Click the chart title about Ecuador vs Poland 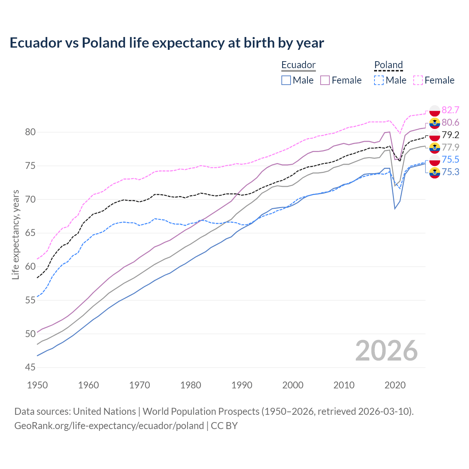pos(167,43)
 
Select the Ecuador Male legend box pos(286,80)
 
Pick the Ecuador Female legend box pos(325,80)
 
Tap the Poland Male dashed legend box pos(379,80)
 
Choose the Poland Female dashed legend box pos(418,80)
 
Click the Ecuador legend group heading pos(298,65)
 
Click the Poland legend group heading pos(388,65)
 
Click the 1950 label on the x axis pos(37,385)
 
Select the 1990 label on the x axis pos(242,385)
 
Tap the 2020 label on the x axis pos(395,385)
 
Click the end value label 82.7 pos(450,110)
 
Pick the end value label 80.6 pos(450,122)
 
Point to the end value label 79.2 pos(450,135)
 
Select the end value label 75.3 pos(450,172)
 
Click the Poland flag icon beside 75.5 pos(435,160)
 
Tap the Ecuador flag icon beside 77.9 pos(435,147)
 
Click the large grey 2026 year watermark pos(387,351)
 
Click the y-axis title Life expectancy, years pos(16,234)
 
